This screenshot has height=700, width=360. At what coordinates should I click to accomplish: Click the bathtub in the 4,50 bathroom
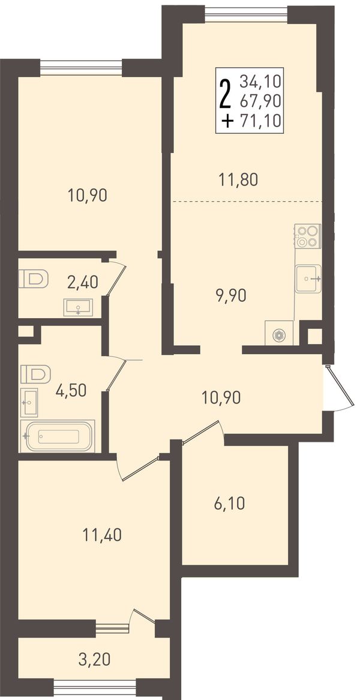click(x=58, y=436)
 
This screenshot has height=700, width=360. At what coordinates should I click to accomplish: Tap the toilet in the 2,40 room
click(x=34, y=279)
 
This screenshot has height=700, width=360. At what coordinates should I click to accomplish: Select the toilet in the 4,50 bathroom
click(x=35, y=373)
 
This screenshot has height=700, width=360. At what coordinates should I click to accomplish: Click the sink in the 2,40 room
click(x=78, y=307)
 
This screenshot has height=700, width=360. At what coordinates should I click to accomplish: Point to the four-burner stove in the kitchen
click(x=307, y=236)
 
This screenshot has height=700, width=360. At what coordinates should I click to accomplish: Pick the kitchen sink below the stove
click(x=308, y=279)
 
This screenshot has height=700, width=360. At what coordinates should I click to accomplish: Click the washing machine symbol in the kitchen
click(x=279, y=333)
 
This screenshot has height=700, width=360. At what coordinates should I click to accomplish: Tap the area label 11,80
click(x=239, y=180)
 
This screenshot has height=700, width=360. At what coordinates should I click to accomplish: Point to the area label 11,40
click(x=102, y=534)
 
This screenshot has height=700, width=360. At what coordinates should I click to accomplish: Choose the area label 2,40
click(x=83, y=282)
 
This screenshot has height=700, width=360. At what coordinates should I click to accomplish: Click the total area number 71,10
click(x=260, y=121)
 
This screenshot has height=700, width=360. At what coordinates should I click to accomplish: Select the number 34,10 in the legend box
click(x=260, y=81)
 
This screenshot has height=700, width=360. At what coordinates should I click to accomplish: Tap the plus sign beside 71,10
click(x=228, y=121)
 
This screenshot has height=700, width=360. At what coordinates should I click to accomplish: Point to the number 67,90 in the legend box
click(x=260, y=101)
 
